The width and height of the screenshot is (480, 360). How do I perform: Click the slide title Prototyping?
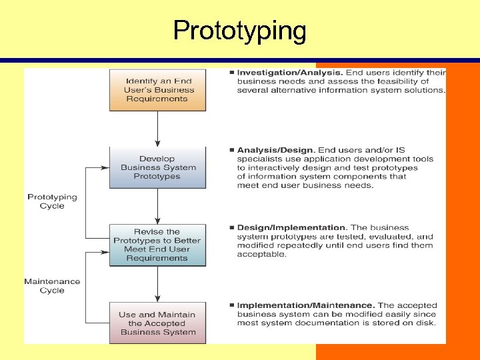[239, 31]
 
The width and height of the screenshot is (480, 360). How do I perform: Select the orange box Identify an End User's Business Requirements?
[157, 90]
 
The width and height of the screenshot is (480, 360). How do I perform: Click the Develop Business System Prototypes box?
[157, 168]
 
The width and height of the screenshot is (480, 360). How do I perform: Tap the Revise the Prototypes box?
[157, 245]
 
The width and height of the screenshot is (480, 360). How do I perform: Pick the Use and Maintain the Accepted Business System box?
[157, 323]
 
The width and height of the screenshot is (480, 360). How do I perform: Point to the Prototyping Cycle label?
[52, 201]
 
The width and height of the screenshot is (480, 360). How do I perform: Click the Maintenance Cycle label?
[52, 286]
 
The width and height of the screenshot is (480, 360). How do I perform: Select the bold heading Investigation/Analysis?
[290, 72]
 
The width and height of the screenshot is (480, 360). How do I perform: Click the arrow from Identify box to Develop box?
[157, 128]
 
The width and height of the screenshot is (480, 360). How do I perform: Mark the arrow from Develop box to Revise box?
[157, 206]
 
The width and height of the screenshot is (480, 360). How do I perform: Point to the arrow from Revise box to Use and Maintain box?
[157, 284]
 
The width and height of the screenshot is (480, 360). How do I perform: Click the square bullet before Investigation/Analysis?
[231, 72]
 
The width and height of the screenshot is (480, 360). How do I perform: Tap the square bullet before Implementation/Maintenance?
[231, 305]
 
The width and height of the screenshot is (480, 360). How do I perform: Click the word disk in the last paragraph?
[426, 323]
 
